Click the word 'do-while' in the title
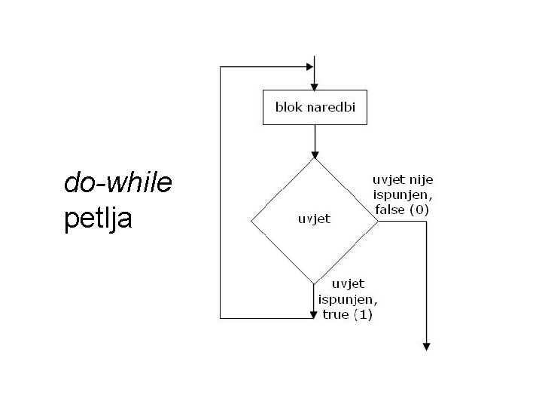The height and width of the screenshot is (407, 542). (x=118, y=182)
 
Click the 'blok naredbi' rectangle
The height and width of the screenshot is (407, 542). (x=315, y=108)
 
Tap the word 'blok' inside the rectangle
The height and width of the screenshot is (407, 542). (x=288, y=108)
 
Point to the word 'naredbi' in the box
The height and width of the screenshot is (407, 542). (x=331, y=108)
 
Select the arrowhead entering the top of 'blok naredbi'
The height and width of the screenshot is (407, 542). (x=315, y=85)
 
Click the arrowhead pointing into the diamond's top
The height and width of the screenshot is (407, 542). (x=315, y=152)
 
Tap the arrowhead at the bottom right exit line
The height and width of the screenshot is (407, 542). (x=427, y=346)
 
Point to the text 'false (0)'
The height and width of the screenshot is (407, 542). (x=400, y=210)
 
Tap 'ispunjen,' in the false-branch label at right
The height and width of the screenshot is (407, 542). (x=400, y=194)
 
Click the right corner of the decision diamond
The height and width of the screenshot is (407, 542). (x=377, y=220)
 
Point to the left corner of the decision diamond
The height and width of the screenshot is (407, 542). (x=251, y=220)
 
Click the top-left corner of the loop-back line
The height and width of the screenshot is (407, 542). (x=220, y=66)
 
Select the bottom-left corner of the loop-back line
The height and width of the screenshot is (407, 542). (x=220, y=317)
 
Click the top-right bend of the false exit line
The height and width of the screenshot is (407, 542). (x=427, y=220)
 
